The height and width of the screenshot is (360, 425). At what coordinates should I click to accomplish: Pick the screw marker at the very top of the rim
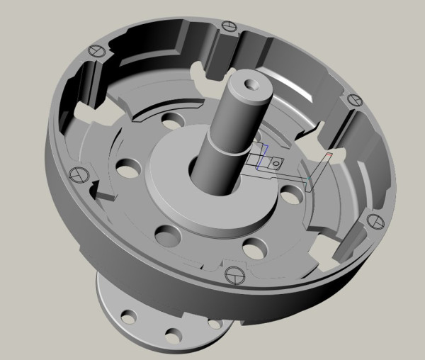[228, 26]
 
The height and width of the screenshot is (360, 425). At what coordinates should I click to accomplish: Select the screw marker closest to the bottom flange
[232, 274]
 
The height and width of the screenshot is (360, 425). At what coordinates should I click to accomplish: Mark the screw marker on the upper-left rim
[97, 51]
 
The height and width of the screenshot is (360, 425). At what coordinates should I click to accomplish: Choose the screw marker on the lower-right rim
[376, 222]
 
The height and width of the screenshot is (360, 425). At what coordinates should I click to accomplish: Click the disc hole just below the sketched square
[290, 192]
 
